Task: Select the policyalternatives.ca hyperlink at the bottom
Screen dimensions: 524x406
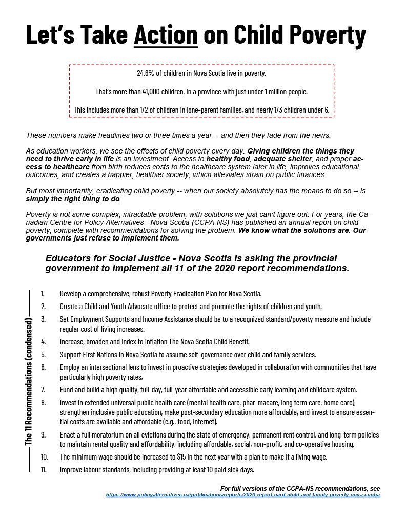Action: pos(243,495)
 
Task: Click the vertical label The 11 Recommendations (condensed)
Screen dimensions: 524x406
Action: pos(30,381)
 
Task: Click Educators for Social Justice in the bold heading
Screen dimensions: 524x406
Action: pos(104,257)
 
